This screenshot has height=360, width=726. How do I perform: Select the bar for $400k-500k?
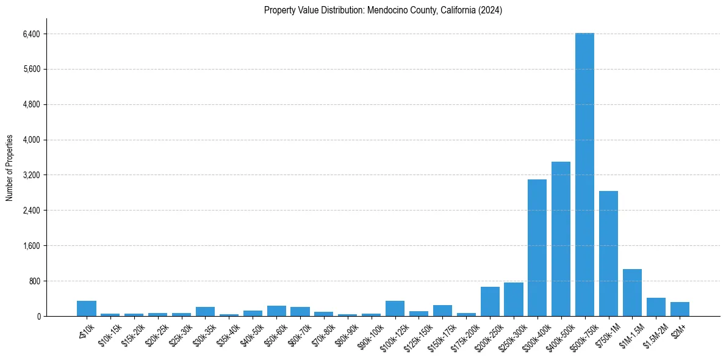click(x=561, y=239)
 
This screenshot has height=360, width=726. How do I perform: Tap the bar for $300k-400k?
click(x=537, y=248)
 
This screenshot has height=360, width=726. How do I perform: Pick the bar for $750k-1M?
click(x=608, y=254)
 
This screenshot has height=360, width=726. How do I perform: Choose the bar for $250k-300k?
click(x=514, y=300)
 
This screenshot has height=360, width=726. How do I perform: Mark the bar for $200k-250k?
click(x=490, y=301)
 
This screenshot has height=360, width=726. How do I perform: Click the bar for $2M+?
click(x=680, y=309)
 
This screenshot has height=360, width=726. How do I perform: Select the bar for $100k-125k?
click(x=395, y=309)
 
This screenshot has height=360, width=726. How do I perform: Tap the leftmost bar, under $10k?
click(x=87, y=309)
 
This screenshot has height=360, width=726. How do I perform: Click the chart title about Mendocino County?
click(x=383, y=10)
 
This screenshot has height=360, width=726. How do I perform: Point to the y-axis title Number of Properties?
click(x=10, y=168)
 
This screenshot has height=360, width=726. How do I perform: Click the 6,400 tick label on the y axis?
click(x=31, y=34)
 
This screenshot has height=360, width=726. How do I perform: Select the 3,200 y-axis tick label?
click(x=31, y=175)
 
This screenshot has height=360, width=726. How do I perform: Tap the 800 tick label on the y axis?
click(x=34, y=281)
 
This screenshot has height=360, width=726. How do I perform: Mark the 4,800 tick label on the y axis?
click(x=31, y=105)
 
